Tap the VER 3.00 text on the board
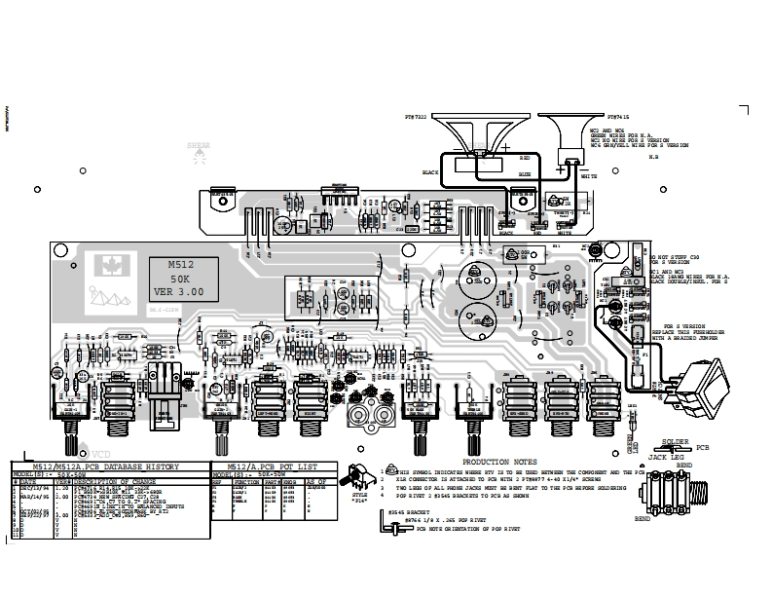pos(182,291)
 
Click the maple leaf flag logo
pos(105,264)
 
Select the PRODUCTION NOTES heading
pos(498,462)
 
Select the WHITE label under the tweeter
pos(589,177)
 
